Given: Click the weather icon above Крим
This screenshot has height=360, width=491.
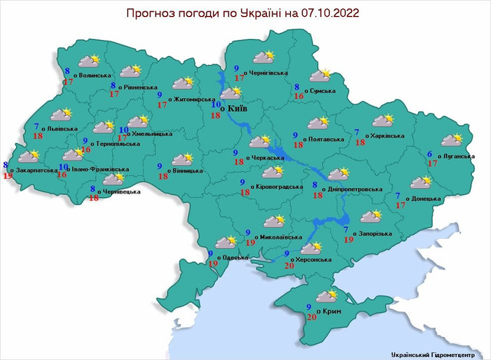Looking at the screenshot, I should pyautogui.click(x=328, y=296).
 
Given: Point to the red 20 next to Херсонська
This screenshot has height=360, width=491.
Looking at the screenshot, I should pyautogui.click(x=289, y=265).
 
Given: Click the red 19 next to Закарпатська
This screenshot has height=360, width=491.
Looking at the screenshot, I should pyautogui.click(x=8, y=176).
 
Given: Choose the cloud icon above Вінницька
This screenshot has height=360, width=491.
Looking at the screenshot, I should pyautogui.click(x=182, y=159).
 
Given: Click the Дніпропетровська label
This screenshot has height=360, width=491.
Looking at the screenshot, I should pyautogui.click(x=353, y=189).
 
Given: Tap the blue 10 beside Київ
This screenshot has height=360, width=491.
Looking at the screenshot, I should pyautogui.click(x=216, y=105).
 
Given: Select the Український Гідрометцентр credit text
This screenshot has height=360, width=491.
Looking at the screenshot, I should pyautogui.click(x=438, y=354).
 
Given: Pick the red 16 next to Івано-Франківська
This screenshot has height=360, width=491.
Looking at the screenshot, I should pyautogui.click(x=62, y=175).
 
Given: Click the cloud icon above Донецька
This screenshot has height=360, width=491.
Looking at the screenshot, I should pyautogui.click(x=420, y=182).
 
